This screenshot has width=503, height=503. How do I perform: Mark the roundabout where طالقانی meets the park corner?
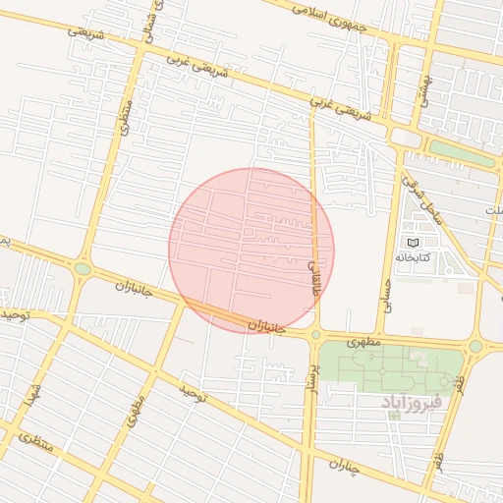coord(315,335)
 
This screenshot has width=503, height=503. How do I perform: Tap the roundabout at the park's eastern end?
coord(476,346)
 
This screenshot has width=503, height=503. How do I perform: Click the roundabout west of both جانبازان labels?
coord(83,268)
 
